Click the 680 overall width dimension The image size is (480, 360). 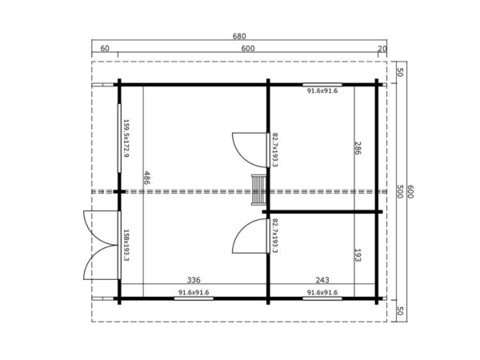point(239,36)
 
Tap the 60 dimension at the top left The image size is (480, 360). point(105,49)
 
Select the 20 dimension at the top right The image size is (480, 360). point(382,49)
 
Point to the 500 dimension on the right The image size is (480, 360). point(399,190)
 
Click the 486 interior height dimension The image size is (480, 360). point(146,177)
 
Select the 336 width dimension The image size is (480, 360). point(194,281)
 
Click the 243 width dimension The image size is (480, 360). point(322,281)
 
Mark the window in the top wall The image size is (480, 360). point(322,82)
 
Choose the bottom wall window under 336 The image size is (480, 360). point(194,298)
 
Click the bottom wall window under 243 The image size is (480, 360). point(322,298)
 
